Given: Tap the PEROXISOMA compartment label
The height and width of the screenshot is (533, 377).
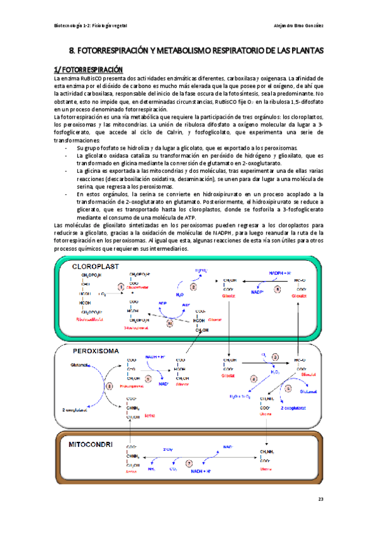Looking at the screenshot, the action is [97, 351].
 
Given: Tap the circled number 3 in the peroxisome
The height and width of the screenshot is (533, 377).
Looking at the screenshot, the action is [274, 358].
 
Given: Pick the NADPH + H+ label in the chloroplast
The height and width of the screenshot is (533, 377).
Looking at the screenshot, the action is [280, 272].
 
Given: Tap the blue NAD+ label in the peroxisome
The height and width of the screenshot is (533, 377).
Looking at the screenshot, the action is [164, 383].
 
